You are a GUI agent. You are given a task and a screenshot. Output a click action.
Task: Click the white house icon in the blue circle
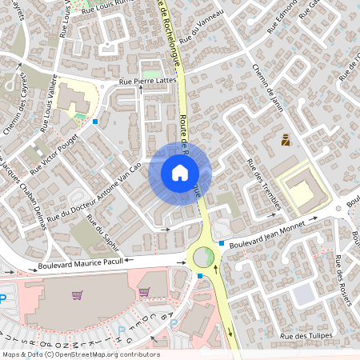(179, 172)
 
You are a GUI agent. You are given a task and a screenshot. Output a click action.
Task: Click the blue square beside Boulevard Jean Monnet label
(221, 242)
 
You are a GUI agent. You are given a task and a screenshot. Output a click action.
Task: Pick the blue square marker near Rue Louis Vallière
(95, 122)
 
